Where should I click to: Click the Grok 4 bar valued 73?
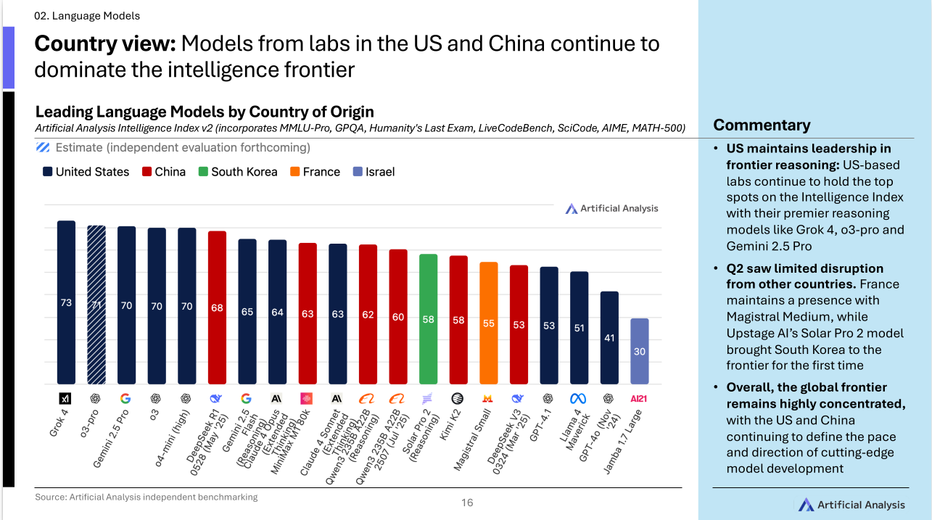[x=66, y=302]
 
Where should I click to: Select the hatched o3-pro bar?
[x=96, y=305]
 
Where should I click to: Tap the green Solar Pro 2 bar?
[x=429, y=319]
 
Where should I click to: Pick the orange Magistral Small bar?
[x=489, y=323]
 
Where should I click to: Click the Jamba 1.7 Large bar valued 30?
[x=639, y=351]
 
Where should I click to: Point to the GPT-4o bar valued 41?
[x=609, y=338]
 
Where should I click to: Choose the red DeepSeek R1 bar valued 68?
[x=217, y=308]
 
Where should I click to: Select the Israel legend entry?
[x=374, y=172]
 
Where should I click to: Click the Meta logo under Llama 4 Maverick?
[x=578, y=398]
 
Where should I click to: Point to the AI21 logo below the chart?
[x=639, y=398]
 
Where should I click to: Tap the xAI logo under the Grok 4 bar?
[x=66, y=398]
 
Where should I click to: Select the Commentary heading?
[x=762, y=125]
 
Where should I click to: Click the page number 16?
[x=467, y=503]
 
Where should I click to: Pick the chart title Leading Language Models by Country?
[x=205, y=112]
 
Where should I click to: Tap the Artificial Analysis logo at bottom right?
[x=851, y=505]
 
